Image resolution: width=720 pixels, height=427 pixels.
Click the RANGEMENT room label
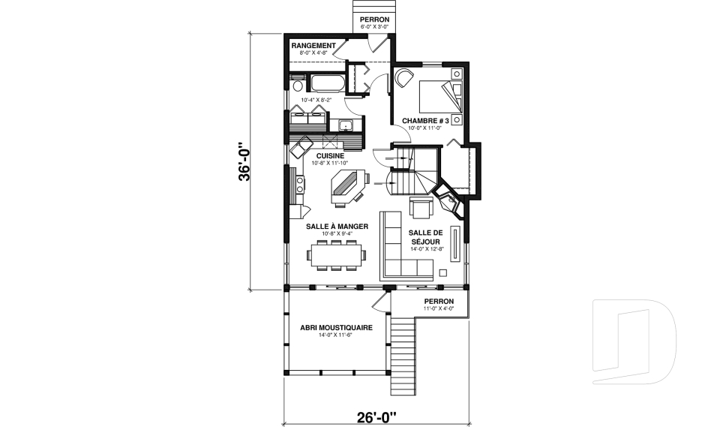(x=313, y=45)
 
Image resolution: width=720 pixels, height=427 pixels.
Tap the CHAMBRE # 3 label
(x=425, y=120)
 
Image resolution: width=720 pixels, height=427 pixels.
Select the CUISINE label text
(x=330, y=155)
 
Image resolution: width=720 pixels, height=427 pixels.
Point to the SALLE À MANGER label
(x=337, y=225)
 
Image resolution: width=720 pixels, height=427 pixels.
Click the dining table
(x=337, y=255)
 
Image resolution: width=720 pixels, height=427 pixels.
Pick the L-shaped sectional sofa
(x=401, y=251)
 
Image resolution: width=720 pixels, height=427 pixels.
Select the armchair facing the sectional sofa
(x=420, y=207)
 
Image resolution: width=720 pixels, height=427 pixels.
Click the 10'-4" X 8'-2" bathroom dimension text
(x=315, y=100)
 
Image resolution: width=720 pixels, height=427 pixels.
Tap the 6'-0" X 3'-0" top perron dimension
(x=374, y=26)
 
